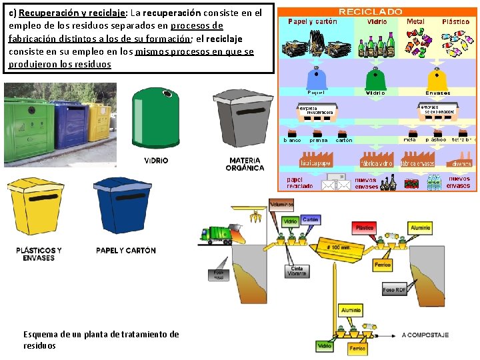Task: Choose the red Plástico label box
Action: click(365, 228)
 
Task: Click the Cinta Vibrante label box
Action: click(297, 271)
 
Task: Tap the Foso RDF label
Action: click(395, 290)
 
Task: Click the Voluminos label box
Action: click(281, 205)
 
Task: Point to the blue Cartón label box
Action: click(310, 219)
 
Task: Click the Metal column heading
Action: click(415, 21)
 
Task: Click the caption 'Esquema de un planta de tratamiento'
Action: click(101, 334)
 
